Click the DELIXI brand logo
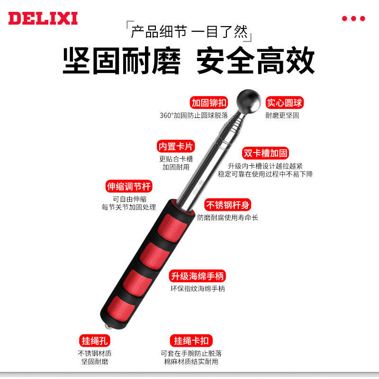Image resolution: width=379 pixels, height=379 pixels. point(43,18)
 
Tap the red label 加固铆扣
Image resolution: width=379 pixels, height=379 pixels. point(209,103)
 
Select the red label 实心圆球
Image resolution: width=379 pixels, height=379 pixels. point(285,103)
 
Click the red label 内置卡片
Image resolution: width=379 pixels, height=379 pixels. point(176,146)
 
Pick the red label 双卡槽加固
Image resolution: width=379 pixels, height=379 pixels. point(265,153)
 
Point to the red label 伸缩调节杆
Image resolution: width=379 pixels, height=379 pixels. point(129,186)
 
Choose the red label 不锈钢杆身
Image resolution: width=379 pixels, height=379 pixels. point(228,205)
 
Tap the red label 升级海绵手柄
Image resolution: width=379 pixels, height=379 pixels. point(197,276)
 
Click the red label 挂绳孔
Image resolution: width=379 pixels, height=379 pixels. point(94,341)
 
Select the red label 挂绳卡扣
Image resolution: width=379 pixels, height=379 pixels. point(191,341)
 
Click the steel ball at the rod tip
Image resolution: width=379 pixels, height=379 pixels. point(248,101)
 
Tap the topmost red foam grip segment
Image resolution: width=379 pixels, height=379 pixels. point(172,228)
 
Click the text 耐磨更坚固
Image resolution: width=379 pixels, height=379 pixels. point(282,116)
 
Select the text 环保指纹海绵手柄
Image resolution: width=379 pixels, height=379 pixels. point(198,289)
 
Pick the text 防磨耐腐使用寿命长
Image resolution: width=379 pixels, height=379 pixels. point(228,217)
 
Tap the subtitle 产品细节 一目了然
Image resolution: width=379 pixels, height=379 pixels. point(189,32)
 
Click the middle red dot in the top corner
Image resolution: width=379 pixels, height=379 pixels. point(353,18)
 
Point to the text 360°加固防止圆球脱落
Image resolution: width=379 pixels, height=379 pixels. point(194,116)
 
